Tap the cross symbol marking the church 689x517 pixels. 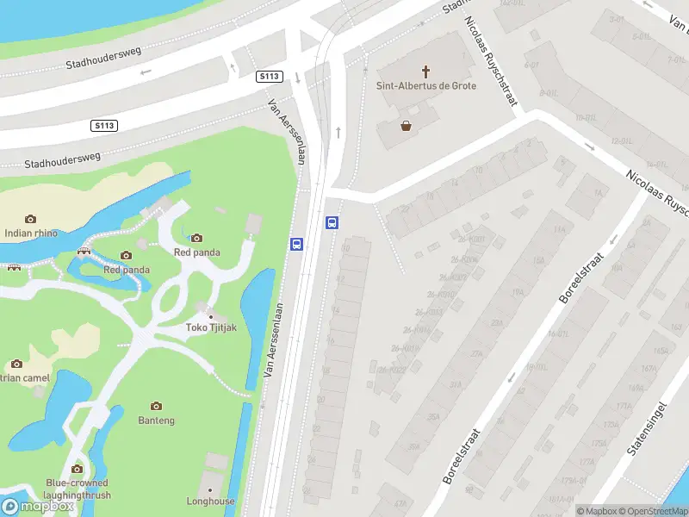[425, 71]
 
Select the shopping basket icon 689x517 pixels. [406, 126]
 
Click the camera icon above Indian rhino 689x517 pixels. [30, 219]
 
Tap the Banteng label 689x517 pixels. [156, 420]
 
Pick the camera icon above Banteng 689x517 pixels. [156, 406]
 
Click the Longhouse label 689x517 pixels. [210, 501]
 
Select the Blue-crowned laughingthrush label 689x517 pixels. [78, 489]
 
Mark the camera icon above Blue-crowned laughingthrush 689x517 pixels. [78, 469]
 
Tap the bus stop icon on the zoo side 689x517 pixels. [296, 244]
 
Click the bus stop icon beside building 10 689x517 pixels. [332, 222]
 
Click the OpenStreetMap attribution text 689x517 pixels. [653, 511]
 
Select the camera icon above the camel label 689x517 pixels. [16, 364]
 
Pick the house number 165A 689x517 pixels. [661, 352]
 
